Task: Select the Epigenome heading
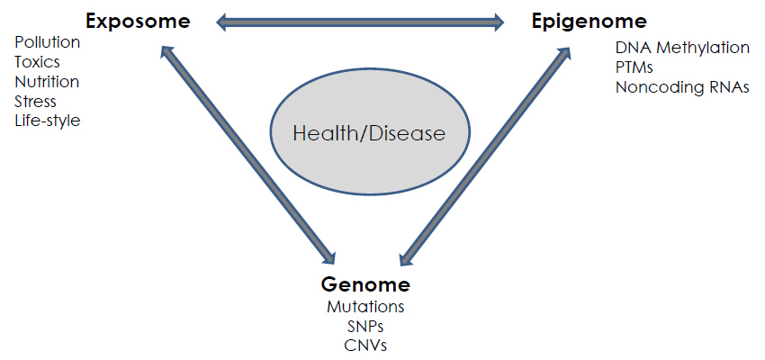point(589,20)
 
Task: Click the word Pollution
point(47,42)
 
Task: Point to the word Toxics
point(37,62)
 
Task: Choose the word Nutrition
point(47,82)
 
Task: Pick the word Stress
point(35,101)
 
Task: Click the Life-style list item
point(47,120)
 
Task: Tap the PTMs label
point(634,67)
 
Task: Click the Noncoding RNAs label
point(682,87)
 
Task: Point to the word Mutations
point(365,307)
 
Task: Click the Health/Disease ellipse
point(369,134)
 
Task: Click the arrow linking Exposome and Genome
point(247,153)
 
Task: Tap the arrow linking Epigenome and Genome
point(485,155)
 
